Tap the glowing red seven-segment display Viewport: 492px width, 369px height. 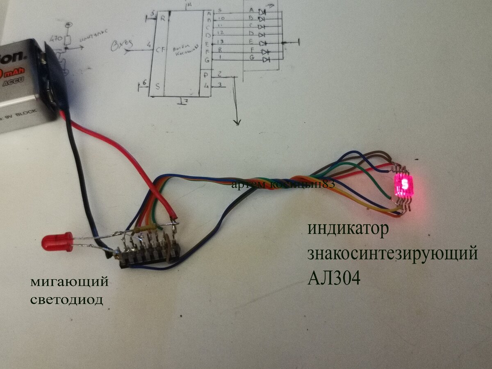click(404, 185)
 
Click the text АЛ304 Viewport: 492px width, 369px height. click(334, 278)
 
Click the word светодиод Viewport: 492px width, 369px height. click(67, 300)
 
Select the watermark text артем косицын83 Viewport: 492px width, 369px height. click(283, 185)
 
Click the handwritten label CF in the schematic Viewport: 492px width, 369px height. click(160, 50)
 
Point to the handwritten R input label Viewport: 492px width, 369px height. click(163, 18)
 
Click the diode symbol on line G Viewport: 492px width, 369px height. click(266, 60)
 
